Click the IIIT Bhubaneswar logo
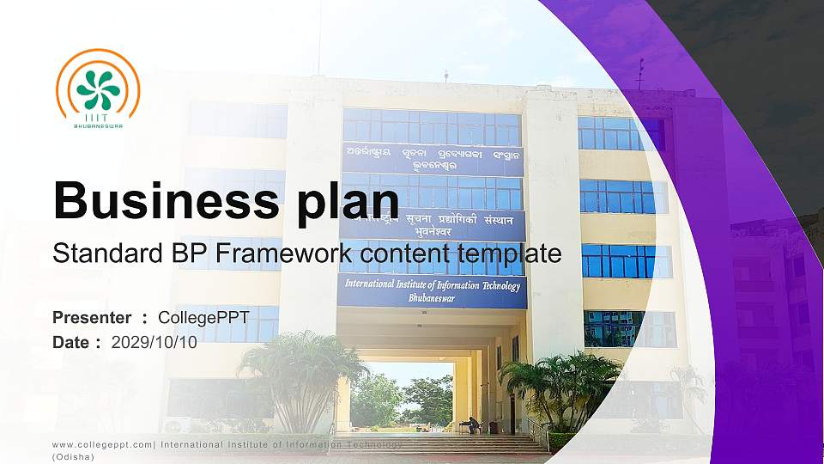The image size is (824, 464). [x=97, y=89]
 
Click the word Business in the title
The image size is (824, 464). [x=163, y=199]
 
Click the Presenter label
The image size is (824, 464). [x=92, y=318]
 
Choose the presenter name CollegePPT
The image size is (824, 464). [x=203, y=318]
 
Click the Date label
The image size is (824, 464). [x=72, y=342]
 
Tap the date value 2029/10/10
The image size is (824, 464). [x=154, y=342]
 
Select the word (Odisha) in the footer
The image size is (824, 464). [x=73, y=457]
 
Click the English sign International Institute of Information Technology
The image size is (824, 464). [x=432, y=285]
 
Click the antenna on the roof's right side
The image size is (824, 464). [x=639, y=72]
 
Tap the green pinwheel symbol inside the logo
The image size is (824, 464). [x=98, y=89]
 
